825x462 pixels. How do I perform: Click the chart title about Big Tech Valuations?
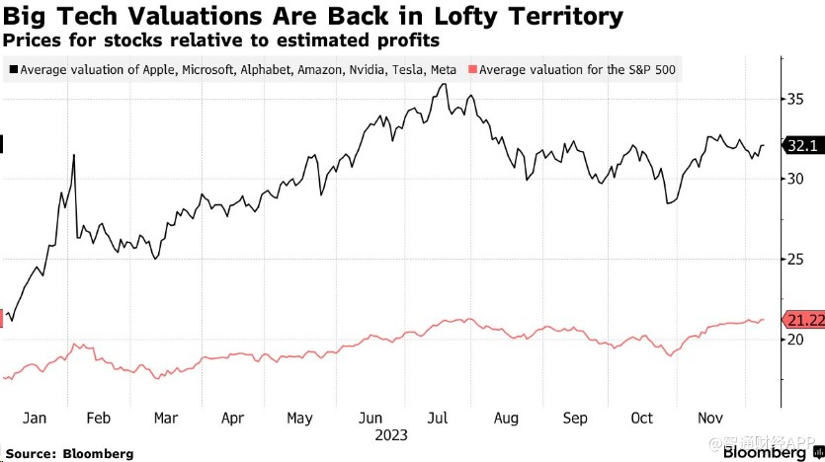pyautogui.click(x=313, y=16)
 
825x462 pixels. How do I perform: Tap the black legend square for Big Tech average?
pyautogui.click(x=13, y=70)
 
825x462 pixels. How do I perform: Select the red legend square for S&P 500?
pyautogui.click(x=472, y=70)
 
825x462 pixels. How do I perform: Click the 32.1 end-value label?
pyautogui.click(x=798, y=146)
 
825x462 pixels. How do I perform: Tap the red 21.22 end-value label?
pyautogui.click(x=801, y=319)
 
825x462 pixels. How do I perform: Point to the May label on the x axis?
pyautogui.click(x=299, y=418)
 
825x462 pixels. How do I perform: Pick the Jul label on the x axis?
pyautogui.click(x=439, y=418)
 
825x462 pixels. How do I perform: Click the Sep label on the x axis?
pyautogui.click(x=575, y=418)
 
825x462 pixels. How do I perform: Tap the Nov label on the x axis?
pyautogui.click(x=710, y=418)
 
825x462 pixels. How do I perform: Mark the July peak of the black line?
pyautogui.click(x=445, y=84)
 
